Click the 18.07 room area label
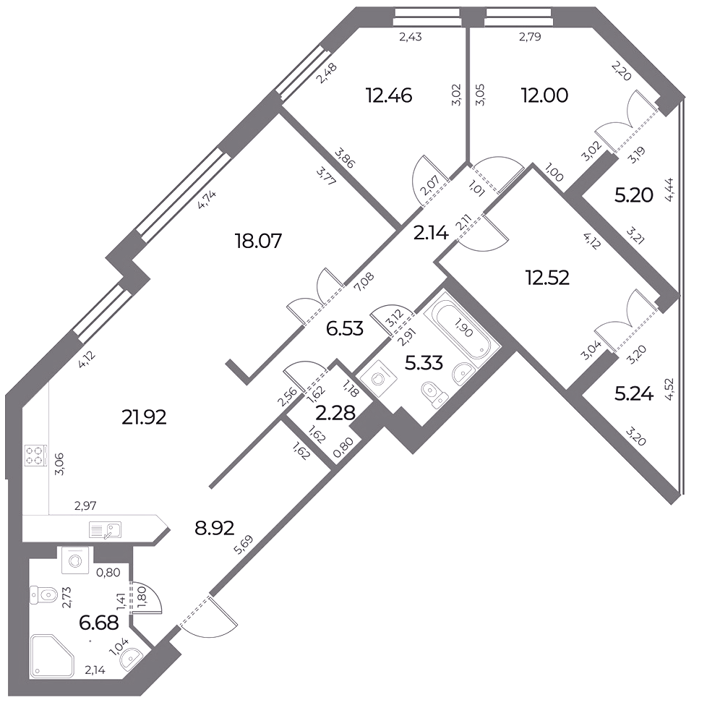point(258,241)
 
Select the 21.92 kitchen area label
point(144,417)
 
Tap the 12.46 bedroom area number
point(389,96)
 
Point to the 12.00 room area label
point(544,96)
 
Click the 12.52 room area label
point(547,278)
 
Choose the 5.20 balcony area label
point(634,195)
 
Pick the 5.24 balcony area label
point(634,394)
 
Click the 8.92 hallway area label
point(215,529)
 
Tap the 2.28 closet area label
point(335,414)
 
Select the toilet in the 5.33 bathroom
point(434,394)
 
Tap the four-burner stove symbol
point(36,455)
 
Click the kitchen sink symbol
point(106,530)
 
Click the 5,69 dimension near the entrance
point(243,545)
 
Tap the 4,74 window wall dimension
point(207,200)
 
